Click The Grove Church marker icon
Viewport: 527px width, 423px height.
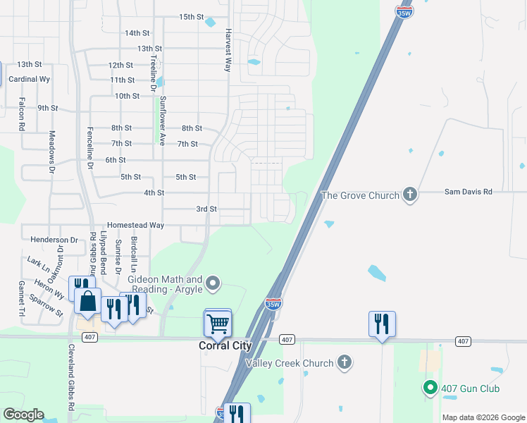[x=411, y=195]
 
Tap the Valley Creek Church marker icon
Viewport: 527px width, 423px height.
[x=345, y=363]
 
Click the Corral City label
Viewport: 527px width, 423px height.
[x=225, y=346]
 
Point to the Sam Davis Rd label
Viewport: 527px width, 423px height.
[x=468, y=192]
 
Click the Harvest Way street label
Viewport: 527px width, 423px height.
[x=228, y=50]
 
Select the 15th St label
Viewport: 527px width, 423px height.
[x=191, y=17]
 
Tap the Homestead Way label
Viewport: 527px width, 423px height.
[x=135, y=225]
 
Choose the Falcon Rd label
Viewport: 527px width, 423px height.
[x=22, y=117]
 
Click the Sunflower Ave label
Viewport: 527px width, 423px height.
[x=162, y=121]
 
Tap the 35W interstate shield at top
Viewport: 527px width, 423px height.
[x=404, y=12]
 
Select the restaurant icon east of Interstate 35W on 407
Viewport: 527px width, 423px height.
[x=382, y=324]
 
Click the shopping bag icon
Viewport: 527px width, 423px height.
[x=87, y=302]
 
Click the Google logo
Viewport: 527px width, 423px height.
[x=23, y=415]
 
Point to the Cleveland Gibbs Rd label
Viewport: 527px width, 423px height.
[x=71, y=381]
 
